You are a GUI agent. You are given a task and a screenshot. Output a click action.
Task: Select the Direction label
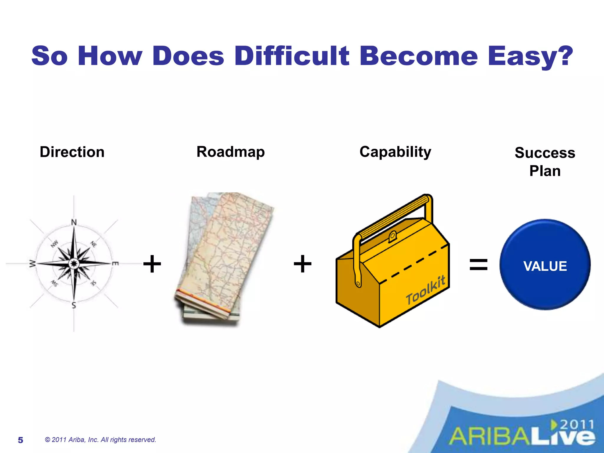(72, 152)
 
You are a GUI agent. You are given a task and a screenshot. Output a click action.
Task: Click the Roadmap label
(231, 152)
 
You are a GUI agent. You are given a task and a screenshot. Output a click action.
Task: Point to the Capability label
(395, 152)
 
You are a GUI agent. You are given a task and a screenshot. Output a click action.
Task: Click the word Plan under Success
(545, 171)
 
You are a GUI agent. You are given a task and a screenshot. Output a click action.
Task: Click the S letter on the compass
(74, 305)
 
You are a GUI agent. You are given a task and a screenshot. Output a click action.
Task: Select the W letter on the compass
(32, 264)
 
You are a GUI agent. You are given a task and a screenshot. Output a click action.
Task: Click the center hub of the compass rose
(74, 263)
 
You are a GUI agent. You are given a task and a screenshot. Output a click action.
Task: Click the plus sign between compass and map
(152, 264)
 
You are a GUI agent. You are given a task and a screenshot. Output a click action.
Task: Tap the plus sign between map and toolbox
(303, 264)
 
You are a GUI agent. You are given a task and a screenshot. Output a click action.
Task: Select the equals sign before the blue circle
(478, 264)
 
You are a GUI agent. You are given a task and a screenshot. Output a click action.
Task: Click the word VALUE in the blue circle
(545, 266)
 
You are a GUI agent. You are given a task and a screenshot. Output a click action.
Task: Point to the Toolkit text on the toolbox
(425, 290)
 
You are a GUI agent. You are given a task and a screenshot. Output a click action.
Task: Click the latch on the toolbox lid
(393, 236)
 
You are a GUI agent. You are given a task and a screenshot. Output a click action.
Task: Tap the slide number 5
(20, 440)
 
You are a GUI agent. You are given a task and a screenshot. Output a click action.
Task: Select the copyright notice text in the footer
(100, 440)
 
